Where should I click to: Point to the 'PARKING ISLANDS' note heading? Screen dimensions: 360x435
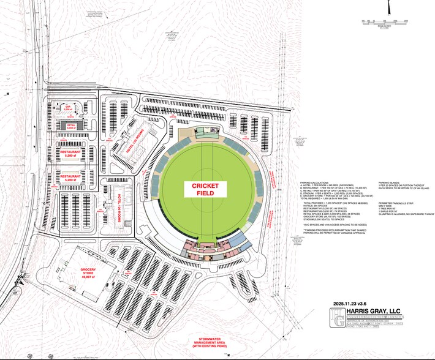pos(390,182)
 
